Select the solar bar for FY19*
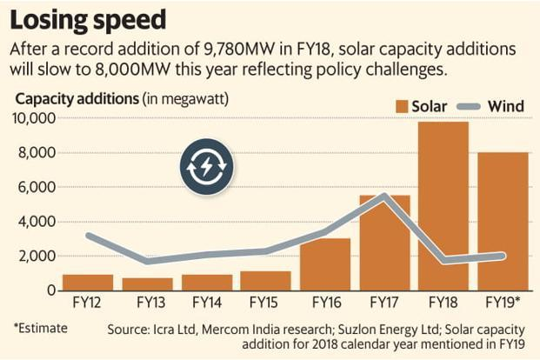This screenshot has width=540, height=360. coord(502,222)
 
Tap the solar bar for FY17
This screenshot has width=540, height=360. coord(383,243)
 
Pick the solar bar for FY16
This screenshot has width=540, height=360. coord(324,264)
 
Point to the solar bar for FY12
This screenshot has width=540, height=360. coord(88,283)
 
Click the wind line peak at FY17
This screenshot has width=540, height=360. coord(383,196)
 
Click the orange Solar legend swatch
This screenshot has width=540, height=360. coord(401,107)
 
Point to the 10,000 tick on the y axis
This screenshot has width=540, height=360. coord(35,119)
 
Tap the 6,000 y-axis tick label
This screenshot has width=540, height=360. coord(37,188)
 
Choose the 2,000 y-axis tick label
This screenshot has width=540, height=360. coord(37,257)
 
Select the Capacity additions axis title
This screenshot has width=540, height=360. coord(77,97)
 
